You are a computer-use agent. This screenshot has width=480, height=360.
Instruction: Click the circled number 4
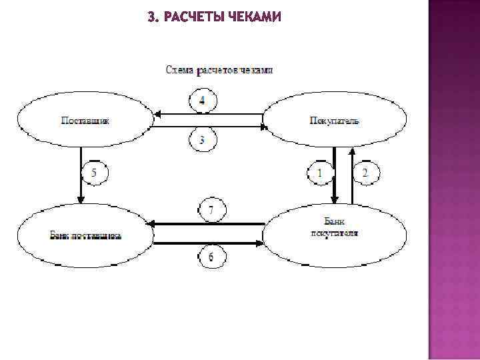(x=203, y=101)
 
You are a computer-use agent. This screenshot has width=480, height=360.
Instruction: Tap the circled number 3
(x=203, y=140)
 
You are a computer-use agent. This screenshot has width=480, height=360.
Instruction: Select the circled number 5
(x=94, y=174)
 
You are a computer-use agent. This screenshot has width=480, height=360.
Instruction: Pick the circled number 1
(x=319, y=174)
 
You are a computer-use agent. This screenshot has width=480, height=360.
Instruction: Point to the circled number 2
(x=365, y=174)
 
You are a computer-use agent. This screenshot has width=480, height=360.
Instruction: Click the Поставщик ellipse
(x=85, y=121)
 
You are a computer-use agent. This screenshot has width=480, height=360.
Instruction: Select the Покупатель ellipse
(x=335, y=121)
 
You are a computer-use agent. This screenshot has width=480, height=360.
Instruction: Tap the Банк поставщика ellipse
(x=85, y=235)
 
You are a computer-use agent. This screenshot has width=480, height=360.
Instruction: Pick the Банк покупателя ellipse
(x=335, y=229)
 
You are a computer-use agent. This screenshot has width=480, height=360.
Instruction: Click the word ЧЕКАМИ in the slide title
(x=255, y=17)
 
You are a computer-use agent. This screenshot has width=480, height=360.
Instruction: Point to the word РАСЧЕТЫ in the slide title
(x=193, y=17)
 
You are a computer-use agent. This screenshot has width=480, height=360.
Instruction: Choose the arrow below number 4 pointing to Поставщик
(x=209, y=114)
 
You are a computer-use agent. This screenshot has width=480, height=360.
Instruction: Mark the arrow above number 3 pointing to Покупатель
(x=209, y=127)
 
